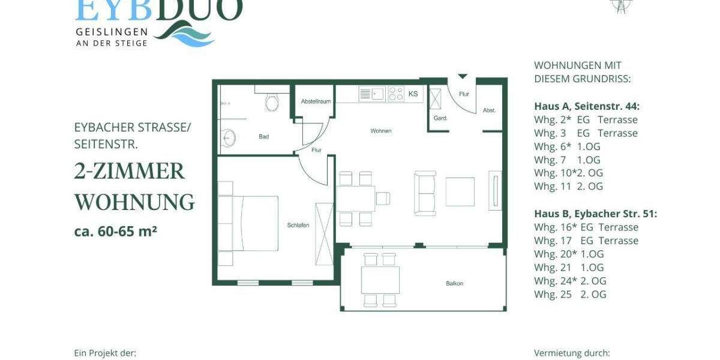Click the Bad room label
pyautogui.click(x=263, y=137)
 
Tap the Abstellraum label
pyautogui.click(x=316, y=101)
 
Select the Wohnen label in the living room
pyautogui.click(x=381, y=131)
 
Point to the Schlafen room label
pyautogui.click(x=298, y=225)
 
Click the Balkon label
pyautogui.click(x=454, y=283)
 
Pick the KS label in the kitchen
pyautogui.click(x=413, y=94)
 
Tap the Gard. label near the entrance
pyautogui.click(x=440, y=118)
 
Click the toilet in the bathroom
pyautogui.click(x=272, y=103)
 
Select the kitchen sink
pyautogui.click(x=373, y=94)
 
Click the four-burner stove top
pyautogui.click(x=396, y=94)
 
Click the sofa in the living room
pyautogui.click(x=425, y=193)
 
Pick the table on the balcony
pyautogui.click(x=380, y=280)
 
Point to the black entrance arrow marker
pyautogui.click(x=462, y=76)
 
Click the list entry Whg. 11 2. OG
pyautogui.click(x=568, y=186)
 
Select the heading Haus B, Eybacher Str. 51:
pyautogui.click(x=595, y=214)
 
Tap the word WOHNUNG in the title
pyautogui.click(x=134, y=202)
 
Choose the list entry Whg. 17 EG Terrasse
pyautogui.click(x=586, y=241)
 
